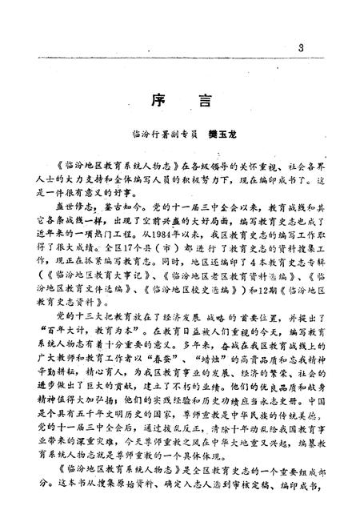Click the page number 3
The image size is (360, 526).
pyautogui.click(x=299, y=49)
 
